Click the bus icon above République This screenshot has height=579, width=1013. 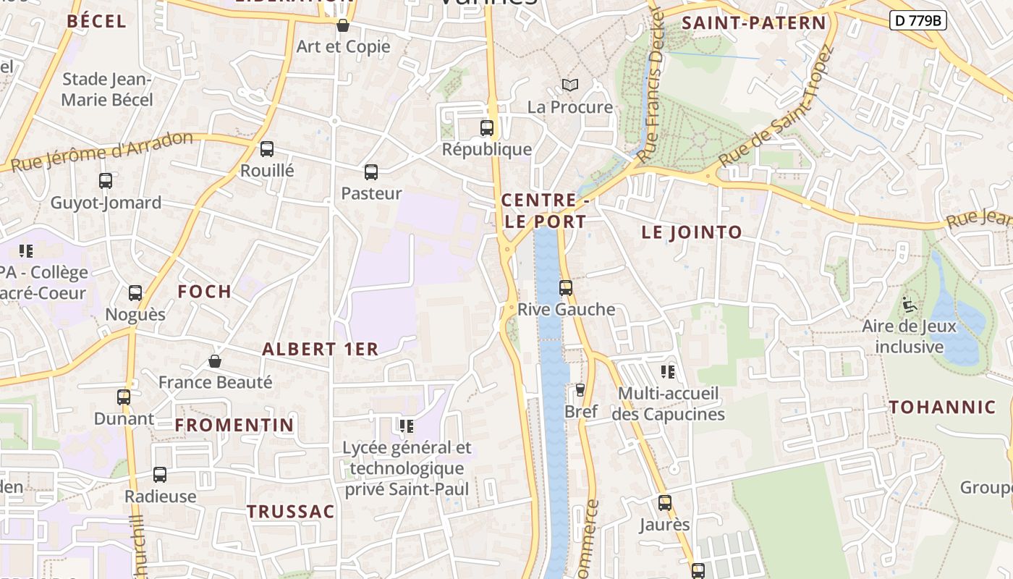tap(487, 128)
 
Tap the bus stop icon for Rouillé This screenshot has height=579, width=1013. tap(267, 149)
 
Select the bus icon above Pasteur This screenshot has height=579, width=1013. tap(371, 172)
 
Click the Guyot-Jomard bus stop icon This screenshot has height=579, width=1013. tap(106, 181)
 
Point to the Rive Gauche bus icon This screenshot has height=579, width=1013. tap(566, 288)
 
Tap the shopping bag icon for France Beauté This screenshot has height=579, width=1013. tap(215, 360)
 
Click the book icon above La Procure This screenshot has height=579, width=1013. tap(570, 85)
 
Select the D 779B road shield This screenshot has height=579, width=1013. tap(917, 20)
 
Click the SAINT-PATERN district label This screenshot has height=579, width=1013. tap(753, 23)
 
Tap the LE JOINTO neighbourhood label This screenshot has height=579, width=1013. tap(692, 232)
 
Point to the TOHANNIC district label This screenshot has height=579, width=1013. tap(942, 407)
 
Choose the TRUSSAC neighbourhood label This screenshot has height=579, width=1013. tap(291, 512)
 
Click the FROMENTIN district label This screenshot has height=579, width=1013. tap(234, 425)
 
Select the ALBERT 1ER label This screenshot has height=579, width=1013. tap(320, 349)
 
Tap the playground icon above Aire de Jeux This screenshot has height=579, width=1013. tap(910, 305)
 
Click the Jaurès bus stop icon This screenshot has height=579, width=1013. tap(665, 502)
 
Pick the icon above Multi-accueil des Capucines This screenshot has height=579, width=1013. tap(668, 372)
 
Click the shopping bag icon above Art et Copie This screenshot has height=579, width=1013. tap(343, 25)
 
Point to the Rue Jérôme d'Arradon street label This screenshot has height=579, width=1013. tap(101, 152)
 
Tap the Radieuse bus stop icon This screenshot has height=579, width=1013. tap(160, 475)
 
